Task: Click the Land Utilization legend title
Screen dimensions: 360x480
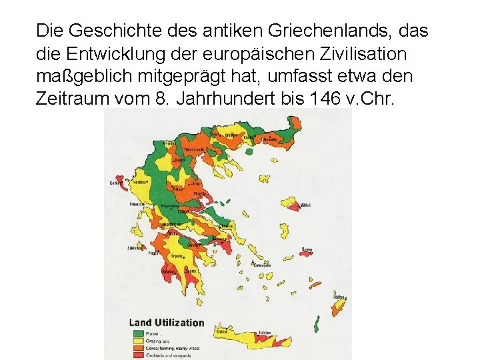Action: click(167, 323)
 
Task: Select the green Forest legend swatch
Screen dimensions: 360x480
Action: click(137, 332)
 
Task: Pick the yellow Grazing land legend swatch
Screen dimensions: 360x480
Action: click(137, 339)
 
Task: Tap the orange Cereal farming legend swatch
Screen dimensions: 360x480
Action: click(137, 347)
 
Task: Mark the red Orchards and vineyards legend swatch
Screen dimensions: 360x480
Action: click(137, 355)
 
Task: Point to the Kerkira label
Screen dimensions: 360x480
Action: click(115, 182)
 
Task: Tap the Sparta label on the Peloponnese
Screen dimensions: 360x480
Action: click(191, 271)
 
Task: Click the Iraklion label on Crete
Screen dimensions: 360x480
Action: click(265, 331)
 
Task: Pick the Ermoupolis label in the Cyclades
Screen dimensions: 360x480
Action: click(261, 265)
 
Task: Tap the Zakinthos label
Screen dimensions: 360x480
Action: click(135, 247)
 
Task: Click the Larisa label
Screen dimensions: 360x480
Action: click(195, 182)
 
